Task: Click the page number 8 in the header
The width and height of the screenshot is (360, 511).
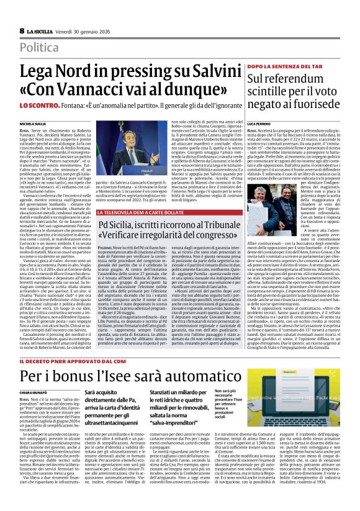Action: [22, 30]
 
